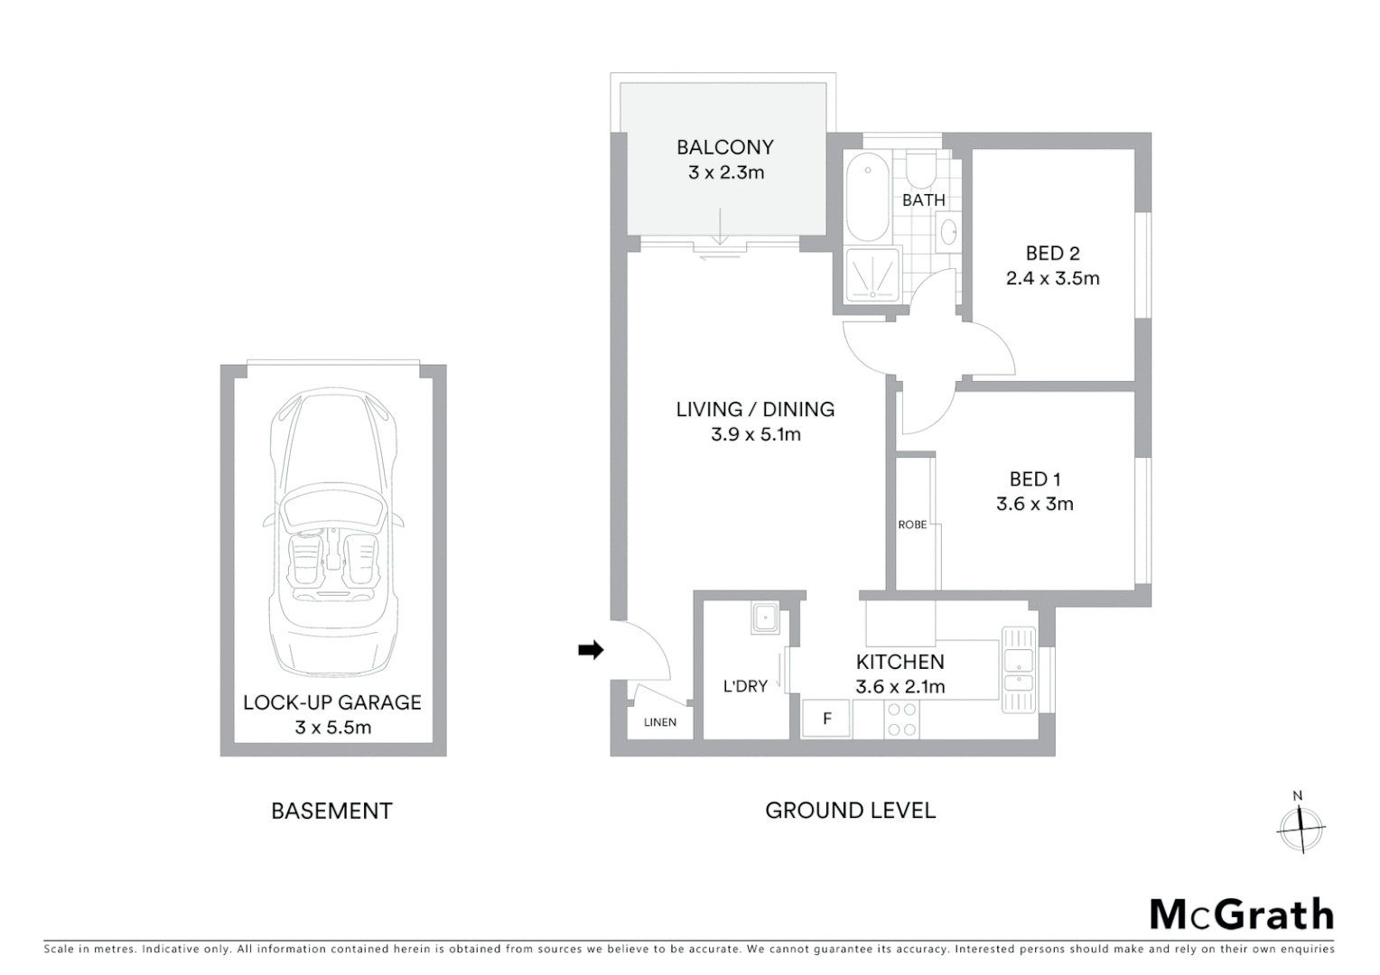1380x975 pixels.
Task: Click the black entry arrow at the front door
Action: click(x=591, y=649)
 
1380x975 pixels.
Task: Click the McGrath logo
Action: click(x=1241, y=914)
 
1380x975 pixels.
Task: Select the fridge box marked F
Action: click(x=825, y=719)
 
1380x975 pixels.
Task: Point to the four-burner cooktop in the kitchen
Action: click(x=901, y=720)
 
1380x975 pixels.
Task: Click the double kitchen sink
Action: click(x=1018, y=669)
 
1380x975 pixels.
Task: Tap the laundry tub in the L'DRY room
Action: click(x=764, y=618)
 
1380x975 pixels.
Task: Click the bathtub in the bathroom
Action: click(x=868, y=197)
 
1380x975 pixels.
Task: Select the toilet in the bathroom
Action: click(x=922, y=170)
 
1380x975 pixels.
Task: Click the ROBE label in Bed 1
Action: click(x=912, y=525)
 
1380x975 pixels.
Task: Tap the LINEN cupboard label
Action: click(x=659, y=722)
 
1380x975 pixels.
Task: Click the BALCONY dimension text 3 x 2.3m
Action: click(x=726, y=172)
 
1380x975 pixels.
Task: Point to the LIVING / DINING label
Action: click(x=755, y=409)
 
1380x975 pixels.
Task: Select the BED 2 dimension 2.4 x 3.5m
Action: click(x=1052, y=278)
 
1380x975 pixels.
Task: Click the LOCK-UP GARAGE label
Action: click(x=332, y=702)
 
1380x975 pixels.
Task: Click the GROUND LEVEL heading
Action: click(x=850, y=811)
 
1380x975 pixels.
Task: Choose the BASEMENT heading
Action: click(x=331, y=811)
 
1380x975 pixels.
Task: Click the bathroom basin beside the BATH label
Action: click(x=949, y=233)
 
